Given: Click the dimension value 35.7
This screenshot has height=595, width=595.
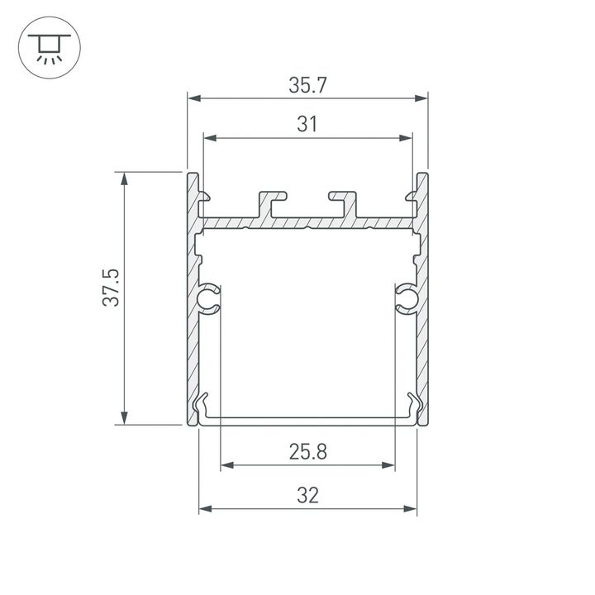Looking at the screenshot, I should coord(307,85).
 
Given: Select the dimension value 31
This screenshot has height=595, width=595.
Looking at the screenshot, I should coord(307,125).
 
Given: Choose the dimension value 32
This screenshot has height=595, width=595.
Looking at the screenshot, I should coord(307,495).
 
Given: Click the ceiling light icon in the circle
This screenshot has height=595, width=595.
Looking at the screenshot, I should coord(49,49).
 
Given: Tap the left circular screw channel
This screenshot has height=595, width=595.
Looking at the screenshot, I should coord(209,299).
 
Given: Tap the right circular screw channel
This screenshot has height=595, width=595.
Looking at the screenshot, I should coord(405,299).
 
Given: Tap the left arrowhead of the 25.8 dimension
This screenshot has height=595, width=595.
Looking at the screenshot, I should coord(226,465).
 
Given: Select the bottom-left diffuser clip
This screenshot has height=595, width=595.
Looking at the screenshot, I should coord(202,407).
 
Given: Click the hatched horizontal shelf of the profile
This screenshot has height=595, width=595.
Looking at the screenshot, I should coord(307,223).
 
